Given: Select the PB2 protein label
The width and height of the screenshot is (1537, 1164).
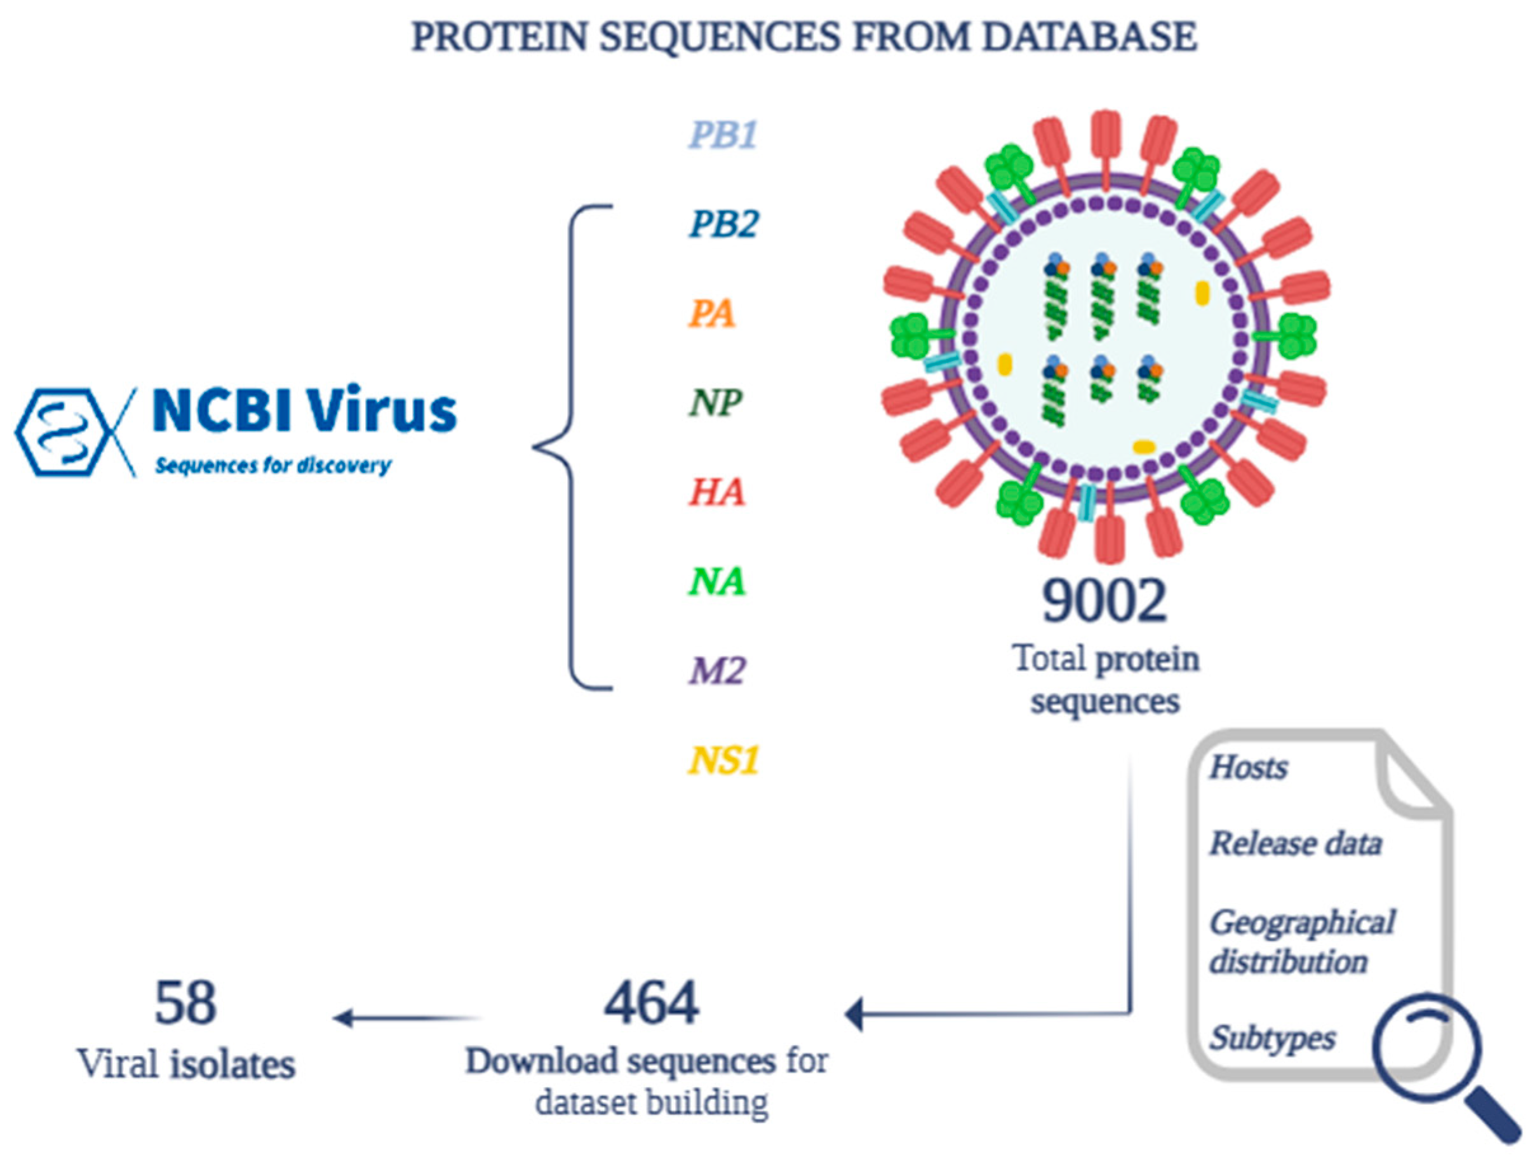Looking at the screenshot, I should (723, 224).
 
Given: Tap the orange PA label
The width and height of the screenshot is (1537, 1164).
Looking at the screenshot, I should (711, 314).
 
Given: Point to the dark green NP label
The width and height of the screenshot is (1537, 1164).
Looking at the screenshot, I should (716, 403).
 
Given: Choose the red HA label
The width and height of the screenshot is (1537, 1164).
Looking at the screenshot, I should (717, 492).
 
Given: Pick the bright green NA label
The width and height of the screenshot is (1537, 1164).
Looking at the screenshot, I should (717, 581).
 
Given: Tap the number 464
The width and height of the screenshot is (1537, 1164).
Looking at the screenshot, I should (651, 1003).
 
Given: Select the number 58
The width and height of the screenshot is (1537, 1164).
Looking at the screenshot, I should (185, 1003).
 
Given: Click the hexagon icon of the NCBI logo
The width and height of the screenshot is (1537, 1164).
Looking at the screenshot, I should (64, 431).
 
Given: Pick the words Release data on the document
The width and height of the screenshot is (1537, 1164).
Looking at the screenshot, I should (1295, 844).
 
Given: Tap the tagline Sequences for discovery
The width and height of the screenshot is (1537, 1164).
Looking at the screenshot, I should (273, 465).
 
